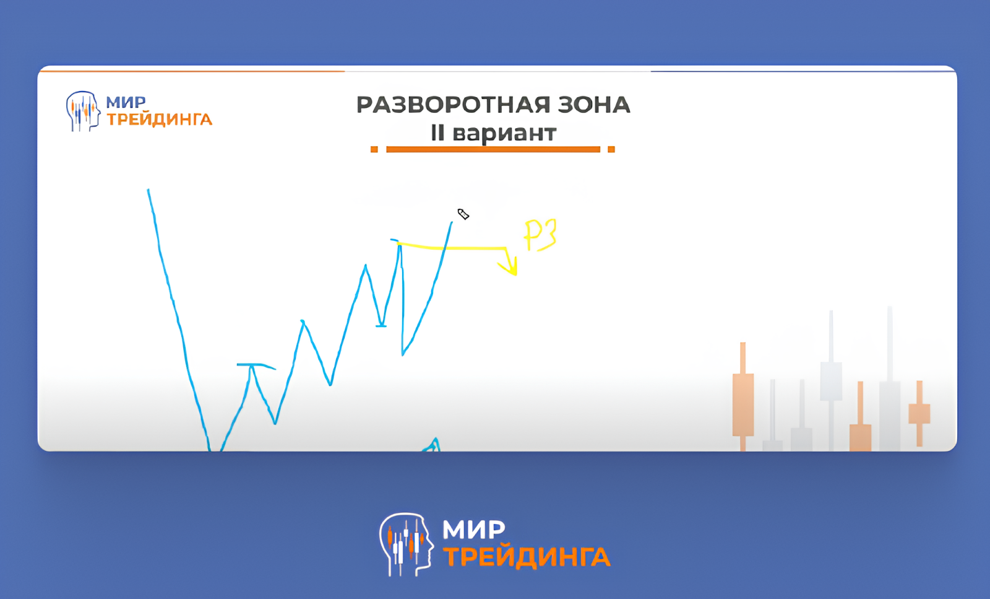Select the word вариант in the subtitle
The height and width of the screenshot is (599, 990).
pos(504,134)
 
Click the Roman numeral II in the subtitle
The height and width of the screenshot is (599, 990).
pos(437,133)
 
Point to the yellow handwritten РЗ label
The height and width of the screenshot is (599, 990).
pos(540,235)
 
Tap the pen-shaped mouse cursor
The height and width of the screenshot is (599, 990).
pos(463,214)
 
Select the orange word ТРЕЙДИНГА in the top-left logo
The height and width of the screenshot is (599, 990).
pos(160,120)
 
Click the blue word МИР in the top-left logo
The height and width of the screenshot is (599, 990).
pos(126,102)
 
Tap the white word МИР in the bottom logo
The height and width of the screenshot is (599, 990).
pos(473,530)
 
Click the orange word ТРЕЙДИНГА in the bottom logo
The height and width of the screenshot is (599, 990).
pos(527,556)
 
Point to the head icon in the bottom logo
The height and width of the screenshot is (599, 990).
pos(406,544)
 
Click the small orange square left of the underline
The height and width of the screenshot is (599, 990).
pos(374,149)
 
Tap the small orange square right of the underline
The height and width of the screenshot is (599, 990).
pos(611,149)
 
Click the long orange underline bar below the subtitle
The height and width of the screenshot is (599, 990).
pos(493,149)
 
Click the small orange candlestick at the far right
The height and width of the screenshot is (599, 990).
pos(919,413)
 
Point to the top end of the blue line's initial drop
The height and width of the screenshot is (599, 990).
pos(148,190)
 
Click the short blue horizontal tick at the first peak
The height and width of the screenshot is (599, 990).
pos(256,366)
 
